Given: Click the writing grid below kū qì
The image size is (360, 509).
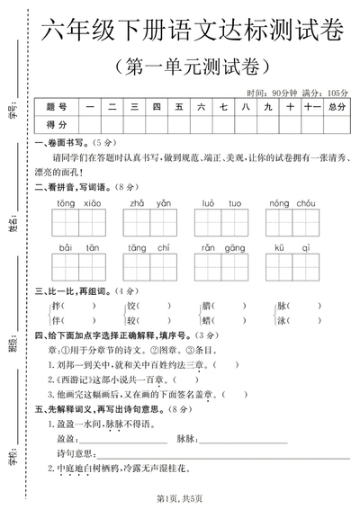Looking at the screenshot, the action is tap(292, 267).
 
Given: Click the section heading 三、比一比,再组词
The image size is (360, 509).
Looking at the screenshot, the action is tap(76, 291).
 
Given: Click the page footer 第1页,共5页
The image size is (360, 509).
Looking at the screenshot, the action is tap(180, 497).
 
